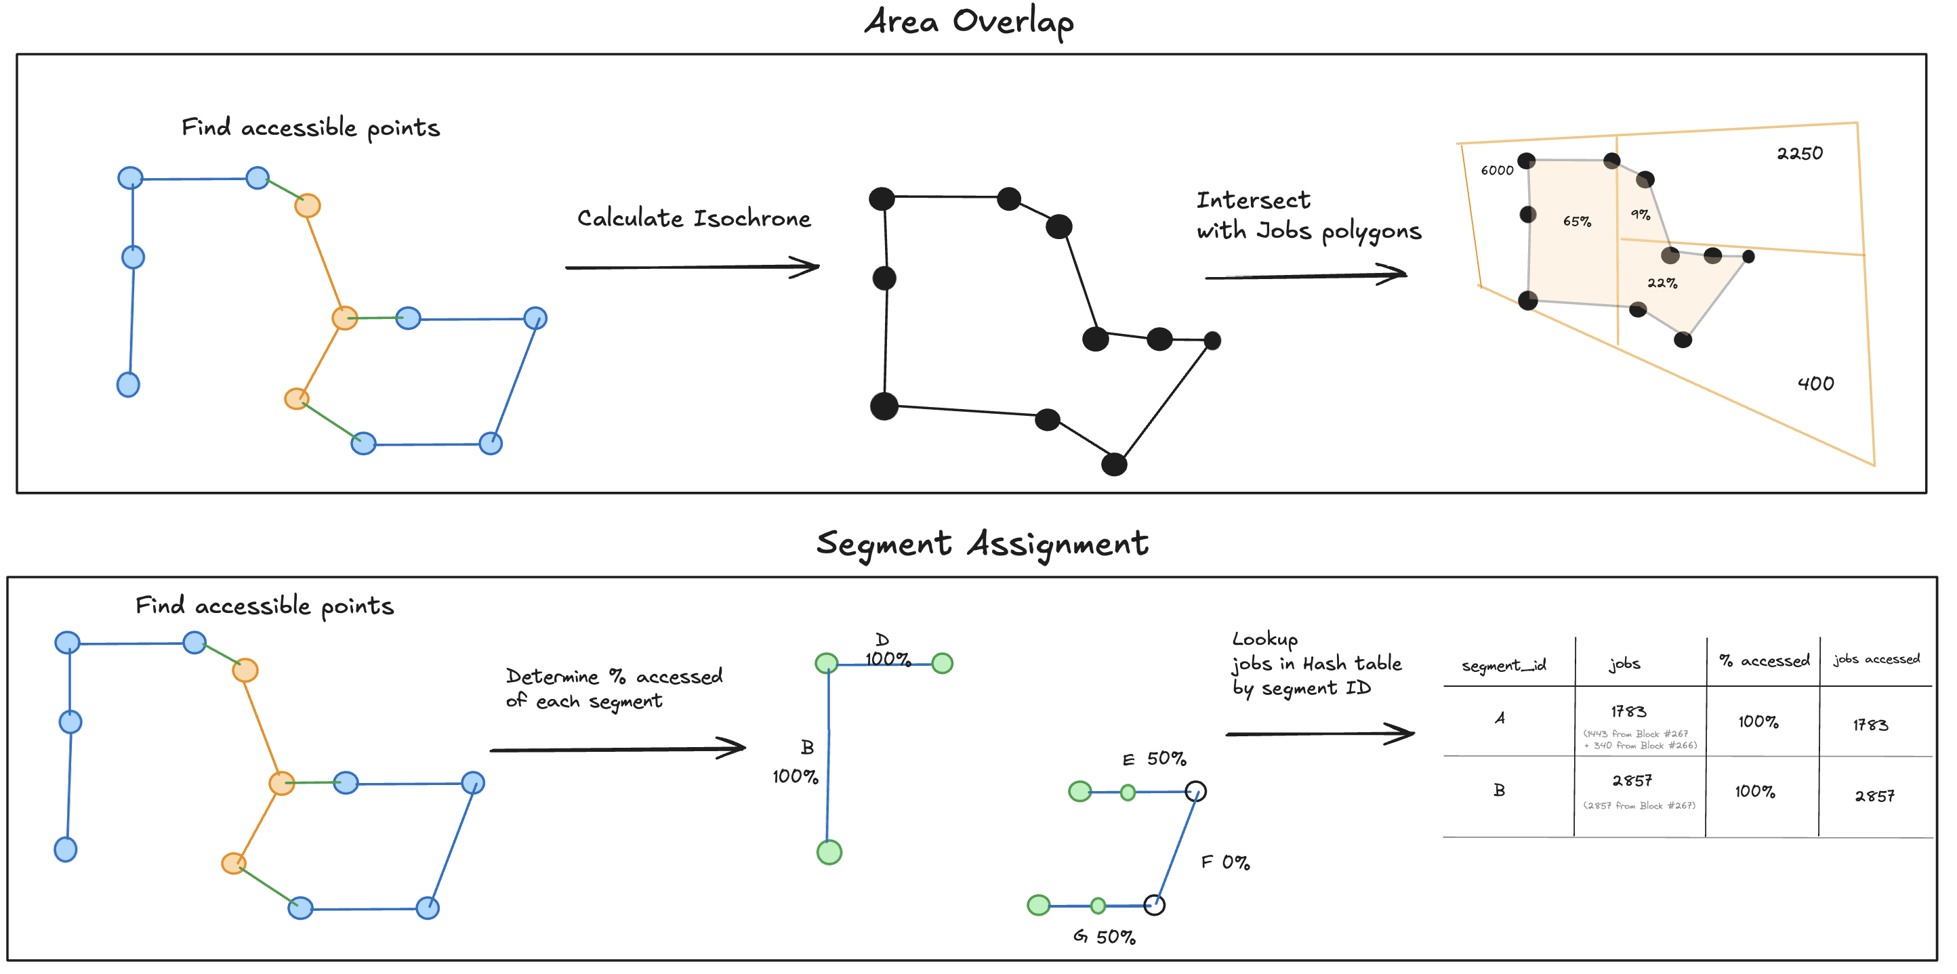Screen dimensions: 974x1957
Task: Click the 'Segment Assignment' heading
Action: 981,544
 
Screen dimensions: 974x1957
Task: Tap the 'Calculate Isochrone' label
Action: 694,219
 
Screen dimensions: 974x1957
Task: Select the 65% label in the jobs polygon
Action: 1576,221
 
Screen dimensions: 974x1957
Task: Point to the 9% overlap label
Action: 1640,215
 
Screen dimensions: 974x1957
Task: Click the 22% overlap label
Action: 1662,283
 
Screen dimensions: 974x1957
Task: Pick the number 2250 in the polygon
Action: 1799,153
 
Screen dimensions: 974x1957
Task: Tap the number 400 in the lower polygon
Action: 1815,383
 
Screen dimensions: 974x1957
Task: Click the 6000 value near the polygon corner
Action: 1497,170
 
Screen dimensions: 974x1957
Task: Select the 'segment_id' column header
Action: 1504,665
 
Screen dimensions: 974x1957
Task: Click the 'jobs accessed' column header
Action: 1876,659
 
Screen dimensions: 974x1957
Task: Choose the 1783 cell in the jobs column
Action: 1628,711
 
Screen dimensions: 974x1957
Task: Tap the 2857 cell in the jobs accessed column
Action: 1874,796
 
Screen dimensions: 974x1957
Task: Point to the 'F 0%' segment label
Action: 1224,862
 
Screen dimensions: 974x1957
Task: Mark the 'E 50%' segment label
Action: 1154,759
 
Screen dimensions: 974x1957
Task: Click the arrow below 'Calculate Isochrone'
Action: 691,268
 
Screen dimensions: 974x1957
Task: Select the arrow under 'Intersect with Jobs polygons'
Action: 1305,276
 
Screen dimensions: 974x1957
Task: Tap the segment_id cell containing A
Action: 1499,717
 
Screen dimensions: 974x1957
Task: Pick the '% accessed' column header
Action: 1763,661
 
